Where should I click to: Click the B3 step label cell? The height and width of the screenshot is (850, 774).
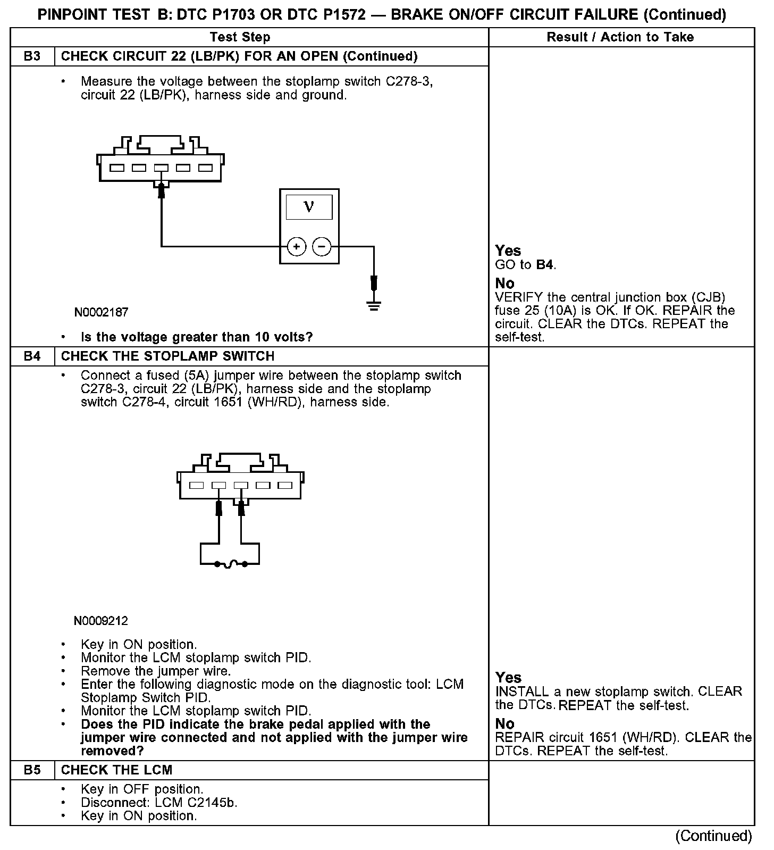point(32,56)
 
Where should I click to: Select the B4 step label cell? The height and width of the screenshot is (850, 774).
point(32,356)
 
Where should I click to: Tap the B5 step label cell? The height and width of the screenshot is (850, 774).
point(32,770)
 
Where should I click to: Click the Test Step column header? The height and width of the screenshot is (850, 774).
point(240,37)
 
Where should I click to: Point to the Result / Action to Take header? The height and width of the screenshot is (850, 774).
point(620,37)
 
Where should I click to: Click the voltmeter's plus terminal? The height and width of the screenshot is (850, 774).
point(296,246)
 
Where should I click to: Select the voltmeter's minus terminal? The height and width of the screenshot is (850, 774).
point(322,246)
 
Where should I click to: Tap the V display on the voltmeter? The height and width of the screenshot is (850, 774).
point(309,207)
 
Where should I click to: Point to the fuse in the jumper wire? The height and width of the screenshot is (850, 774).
point(230,564)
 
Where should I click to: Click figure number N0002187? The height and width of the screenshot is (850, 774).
point(101,312)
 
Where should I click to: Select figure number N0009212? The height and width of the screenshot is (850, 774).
point(101,621)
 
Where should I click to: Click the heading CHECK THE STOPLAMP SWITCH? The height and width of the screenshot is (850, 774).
point(168,356)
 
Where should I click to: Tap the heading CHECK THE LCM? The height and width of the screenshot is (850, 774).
point(117,770)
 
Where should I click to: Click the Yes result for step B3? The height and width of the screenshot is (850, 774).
point(508,251)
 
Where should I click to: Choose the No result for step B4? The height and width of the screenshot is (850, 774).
point(504,723)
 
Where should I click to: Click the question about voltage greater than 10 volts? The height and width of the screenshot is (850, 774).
point(197,337)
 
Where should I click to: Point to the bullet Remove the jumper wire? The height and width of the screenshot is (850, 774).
point(156,671)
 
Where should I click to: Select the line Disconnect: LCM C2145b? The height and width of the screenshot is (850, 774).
point(159,802)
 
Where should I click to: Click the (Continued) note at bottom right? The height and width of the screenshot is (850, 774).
point(713,836)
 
